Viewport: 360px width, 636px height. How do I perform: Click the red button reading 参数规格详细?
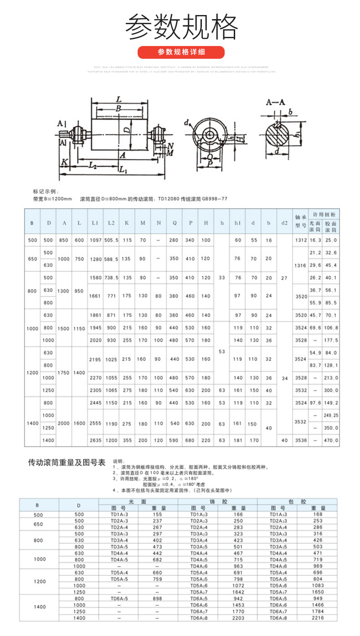181,52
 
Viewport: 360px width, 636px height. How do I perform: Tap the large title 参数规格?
181,26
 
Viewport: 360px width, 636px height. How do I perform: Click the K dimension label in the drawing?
65,162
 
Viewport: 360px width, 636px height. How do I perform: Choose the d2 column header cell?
284,223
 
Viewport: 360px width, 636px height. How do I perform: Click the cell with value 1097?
95,240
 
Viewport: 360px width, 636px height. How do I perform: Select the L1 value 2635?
95,441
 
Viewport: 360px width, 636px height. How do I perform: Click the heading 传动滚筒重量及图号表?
67,463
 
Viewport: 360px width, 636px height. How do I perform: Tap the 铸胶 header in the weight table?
218,501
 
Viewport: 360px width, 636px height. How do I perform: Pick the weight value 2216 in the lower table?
318,618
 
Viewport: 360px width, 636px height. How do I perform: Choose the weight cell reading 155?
158,514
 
